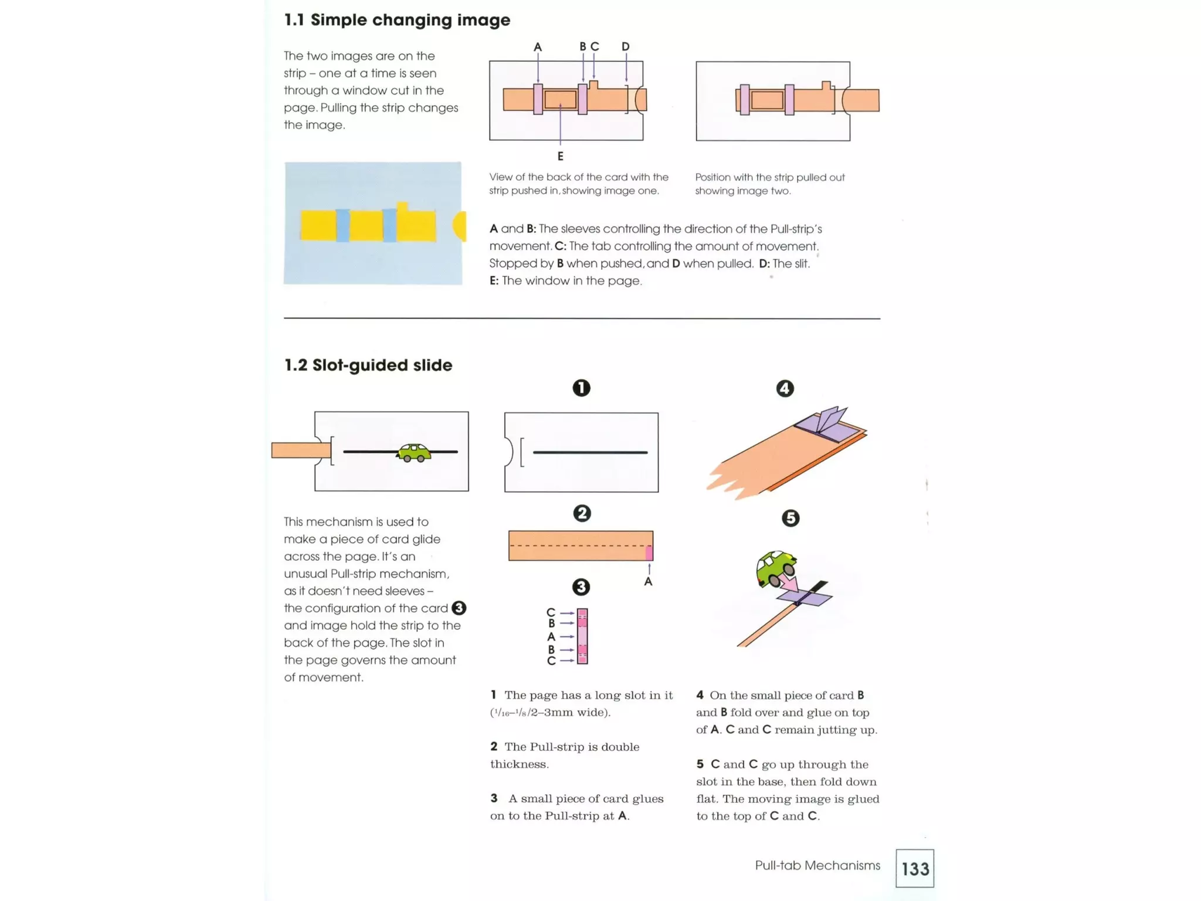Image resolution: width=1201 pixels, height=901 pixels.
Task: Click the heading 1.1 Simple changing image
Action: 397,20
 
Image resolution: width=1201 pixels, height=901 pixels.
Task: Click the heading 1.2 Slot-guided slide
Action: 368,365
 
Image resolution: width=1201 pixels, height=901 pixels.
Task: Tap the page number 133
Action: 915,868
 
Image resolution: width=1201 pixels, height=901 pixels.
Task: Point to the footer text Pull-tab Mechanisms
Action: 817,865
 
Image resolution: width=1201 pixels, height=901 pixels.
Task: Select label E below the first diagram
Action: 560,156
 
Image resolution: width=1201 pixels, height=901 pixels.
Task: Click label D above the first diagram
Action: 625,46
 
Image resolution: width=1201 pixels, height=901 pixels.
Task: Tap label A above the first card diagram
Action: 537,47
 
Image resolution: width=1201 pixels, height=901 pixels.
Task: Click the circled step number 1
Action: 581,388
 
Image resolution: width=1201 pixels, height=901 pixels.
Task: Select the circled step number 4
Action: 785,388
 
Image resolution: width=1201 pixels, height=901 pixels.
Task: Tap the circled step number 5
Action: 790,518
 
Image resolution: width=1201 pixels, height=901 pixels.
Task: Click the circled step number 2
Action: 581,513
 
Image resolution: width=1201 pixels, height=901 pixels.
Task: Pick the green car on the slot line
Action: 413,452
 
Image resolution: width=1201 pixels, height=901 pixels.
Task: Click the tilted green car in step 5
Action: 776,568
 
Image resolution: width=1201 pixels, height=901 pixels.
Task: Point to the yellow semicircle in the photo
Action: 460,226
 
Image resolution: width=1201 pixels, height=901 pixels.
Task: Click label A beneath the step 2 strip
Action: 648,581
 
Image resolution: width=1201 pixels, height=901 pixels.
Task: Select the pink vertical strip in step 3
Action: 582,636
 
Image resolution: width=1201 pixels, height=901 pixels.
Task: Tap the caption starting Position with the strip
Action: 769,184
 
